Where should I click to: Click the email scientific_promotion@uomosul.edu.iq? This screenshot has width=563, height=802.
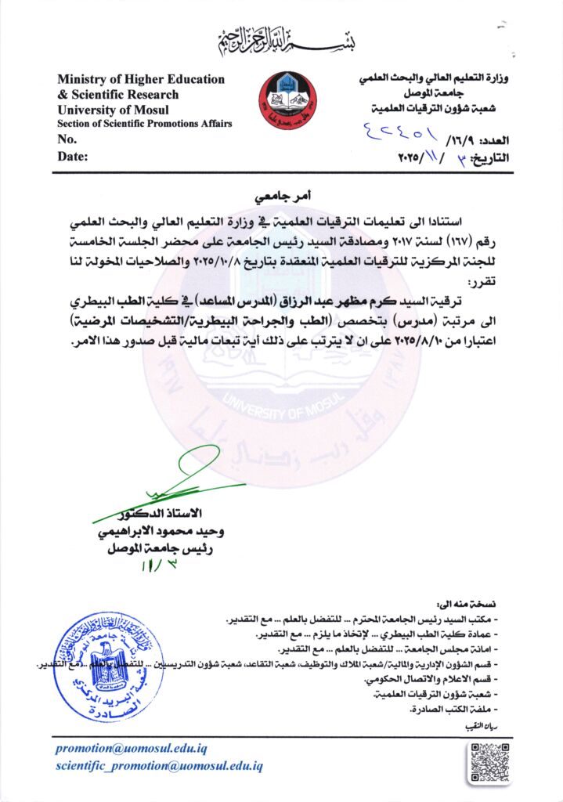coord(159,766)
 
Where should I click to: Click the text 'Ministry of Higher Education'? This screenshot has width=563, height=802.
coord(141,79)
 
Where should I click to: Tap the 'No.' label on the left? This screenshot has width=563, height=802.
coord(67,139)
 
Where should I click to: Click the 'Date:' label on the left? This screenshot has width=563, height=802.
coord(73,156)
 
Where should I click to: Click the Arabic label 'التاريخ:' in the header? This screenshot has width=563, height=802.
coord(489,157)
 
